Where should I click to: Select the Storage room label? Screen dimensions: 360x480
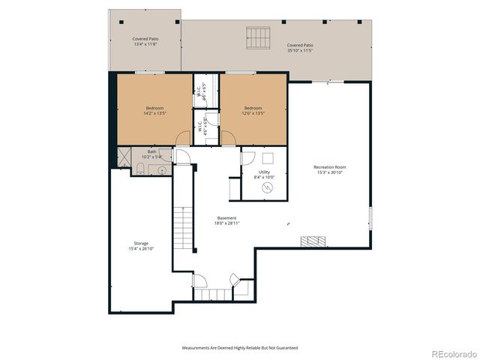[141, 244]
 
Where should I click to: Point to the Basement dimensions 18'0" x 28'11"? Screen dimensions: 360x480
[227, 223]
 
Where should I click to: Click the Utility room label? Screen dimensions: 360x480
[264, 172]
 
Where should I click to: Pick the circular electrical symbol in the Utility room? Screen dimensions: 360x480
[265, 187]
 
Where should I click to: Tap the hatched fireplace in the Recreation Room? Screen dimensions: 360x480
[313, 241]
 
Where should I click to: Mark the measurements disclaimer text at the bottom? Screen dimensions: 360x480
[240, 348]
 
